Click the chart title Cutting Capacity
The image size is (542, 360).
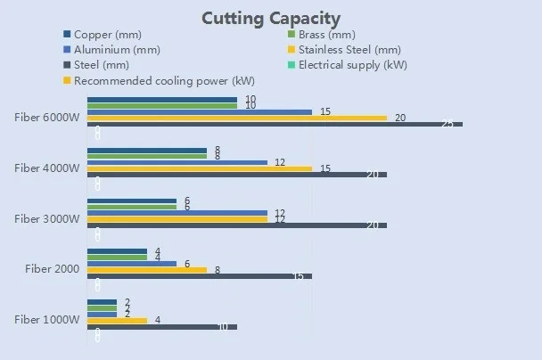click(x=270, y=17)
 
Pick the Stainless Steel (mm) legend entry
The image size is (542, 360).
click(x=349, y=49)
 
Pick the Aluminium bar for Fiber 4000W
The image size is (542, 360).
click(x=178, y=162)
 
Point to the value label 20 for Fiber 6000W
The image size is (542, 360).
click(x=400, y=118)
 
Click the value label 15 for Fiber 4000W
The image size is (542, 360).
click(x=325, y=168)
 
